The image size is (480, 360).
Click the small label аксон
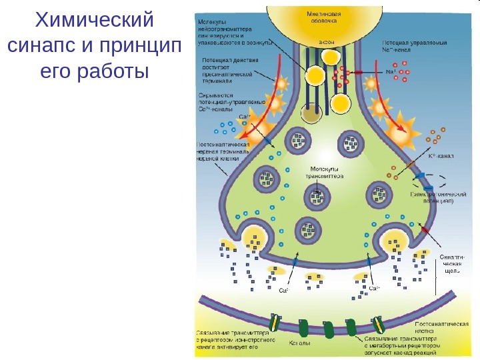327,41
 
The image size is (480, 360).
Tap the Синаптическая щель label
453,263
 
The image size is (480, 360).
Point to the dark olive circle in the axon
311,114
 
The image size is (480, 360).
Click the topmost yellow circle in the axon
331,57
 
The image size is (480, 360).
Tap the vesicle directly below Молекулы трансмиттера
317,196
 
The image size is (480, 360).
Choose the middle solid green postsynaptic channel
328,329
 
